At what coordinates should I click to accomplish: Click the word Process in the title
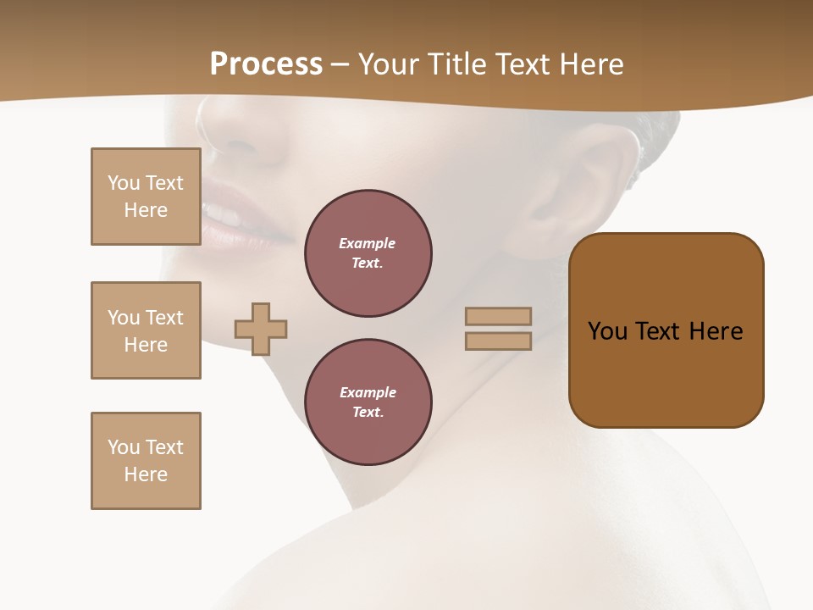[x=266, y=64]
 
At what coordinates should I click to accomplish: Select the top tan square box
[x=146, y=197]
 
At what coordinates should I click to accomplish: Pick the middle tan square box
[x=146, y=330]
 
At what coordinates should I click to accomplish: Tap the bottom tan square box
[x=146, y=461]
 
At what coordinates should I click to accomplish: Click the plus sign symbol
[x=261, y=329]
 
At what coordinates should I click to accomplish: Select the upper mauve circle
[x=368, y=252]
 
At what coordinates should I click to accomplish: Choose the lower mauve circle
[x=368, y=402]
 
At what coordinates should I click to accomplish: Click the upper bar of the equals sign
[x=498, y=316]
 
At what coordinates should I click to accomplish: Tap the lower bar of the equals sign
[x=498, y=341]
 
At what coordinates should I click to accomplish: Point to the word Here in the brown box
[x=716, y=331]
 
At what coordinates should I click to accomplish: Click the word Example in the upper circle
[x=368, y=243]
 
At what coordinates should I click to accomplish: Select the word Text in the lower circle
[x=367, y=412]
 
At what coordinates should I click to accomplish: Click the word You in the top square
[x=124, y=183]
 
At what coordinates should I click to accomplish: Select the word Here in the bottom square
[x=146, y=474]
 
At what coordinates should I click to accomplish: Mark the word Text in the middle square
[x=163, y=318]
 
